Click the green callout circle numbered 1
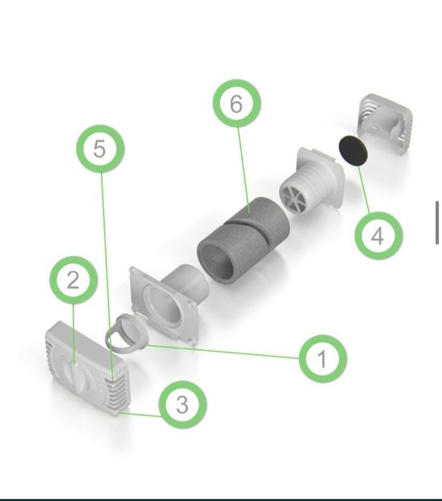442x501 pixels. tap(323, 359)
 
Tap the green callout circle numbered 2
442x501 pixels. tap(74, 281)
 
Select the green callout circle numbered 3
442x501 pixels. tap(182, 404)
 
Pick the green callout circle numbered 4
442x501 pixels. tap(378, 235)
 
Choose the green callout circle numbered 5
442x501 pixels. tap(100, 149)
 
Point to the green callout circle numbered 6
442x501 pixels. tap(237, 103)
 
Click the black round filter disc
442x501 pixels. tap(353, 150)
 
